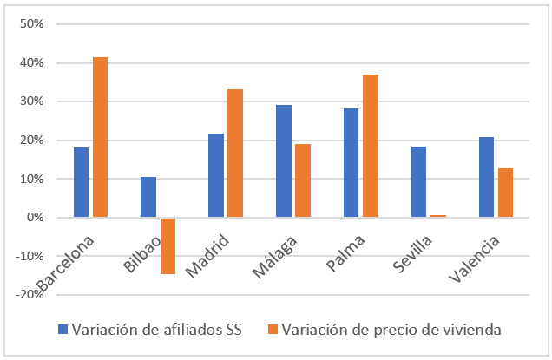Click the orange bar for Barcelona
tap(101, 137)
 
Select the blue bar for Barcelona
tap(81, 182)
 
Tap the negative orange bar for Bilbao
tap(168, 245)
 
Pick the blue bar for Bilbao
tap(148, 197)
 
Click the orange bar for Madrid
tap(235, 154)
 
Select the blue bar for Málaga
tap(283, 161)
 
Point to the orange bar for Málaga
tap(303, 180)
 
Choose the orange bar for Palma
tap(371, 146)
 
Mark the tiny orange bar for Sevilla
tap(437, 216)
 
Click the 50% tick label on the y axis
tap(32, 24)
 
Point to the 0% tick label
tap(36, 218)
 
